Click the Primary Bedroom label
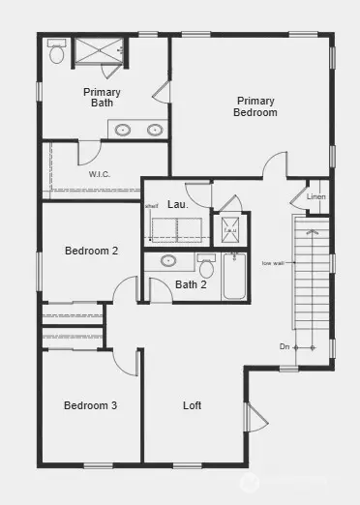[255, 106]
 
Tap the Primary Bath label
[102, 97]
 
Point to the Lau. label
[177, 206]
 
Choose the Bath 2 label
[191, 284]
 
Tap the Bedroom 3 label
[91, 405]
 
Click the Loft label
[193, 405]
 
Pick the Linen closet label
[316, 197]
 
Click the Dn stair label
[285, 346]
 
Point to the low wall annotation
[272, 262]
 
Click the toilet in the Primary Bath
[56, 53]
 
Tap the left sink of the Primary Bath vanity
[124, 129]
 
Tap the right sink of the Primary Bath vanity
[154, 129]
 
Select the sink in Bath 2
[168, 261]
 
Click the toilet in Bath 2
[204, 264]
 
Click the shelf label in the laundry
[152, 205]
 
